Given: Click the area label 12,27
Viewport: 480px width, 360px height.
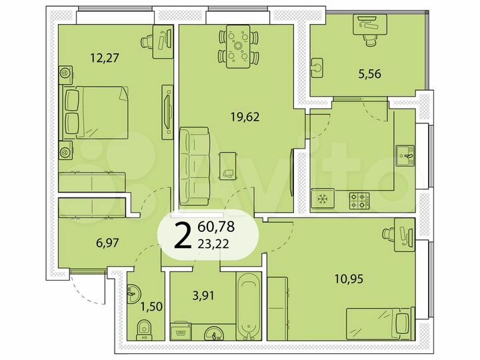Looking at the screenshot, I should pos(104,57).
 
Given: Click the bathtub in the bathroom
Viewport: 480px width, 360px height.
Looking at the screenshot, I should pos(248,303).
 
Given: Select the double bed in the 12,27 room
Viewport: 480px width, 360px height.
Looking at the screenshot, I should pos(93,112).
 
